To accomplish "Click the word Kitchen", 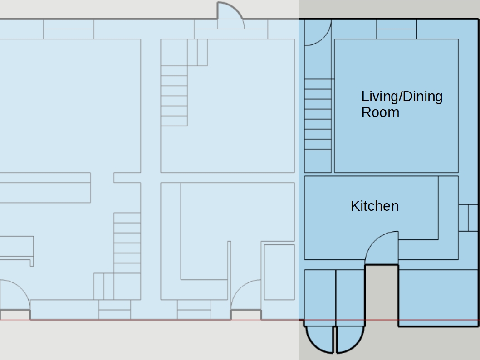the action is [x=375, y=206].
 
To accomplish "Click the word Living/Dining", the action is [x=402, y=97].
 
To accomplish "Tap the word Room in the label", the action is [x=380, y=112].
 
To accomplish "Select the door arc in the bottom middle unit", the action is [x=239, y=287].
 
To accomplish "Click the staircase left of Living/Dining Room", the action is [x=318, y=119].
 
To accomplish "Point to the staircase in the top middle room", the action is [x=174, y=96].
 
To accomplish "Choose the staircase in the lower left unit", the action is [x=127, y=243].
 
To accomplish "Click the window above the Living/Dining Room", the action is [x=397, y=29].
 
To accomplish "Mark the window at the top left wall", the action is [x=69, y=29].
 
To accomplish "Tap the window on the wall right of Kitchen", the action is [x=468, y=218].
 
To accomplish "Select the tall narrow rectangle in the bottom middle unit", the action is [x=279, y=272].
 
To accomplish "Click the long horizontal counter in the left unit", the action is [x=45, y=188].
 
